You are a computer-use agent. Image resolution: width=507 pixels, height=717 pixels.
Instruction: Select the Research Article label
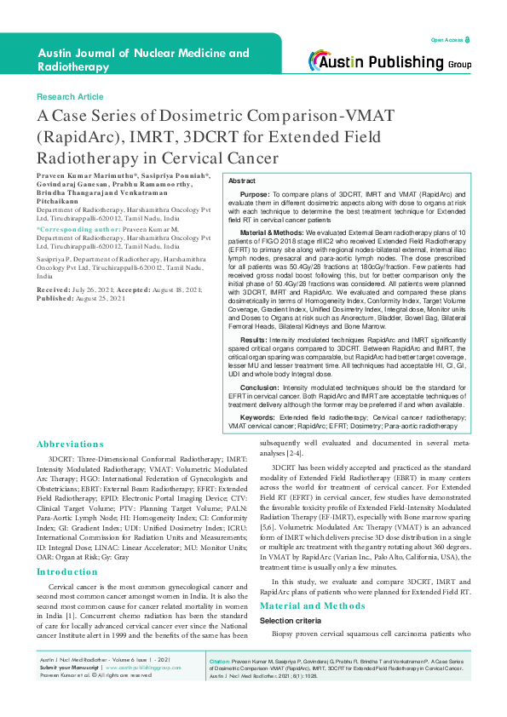70,97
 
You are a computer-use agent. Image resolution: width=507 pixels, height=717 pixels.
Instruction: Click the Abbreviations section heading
70,444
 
